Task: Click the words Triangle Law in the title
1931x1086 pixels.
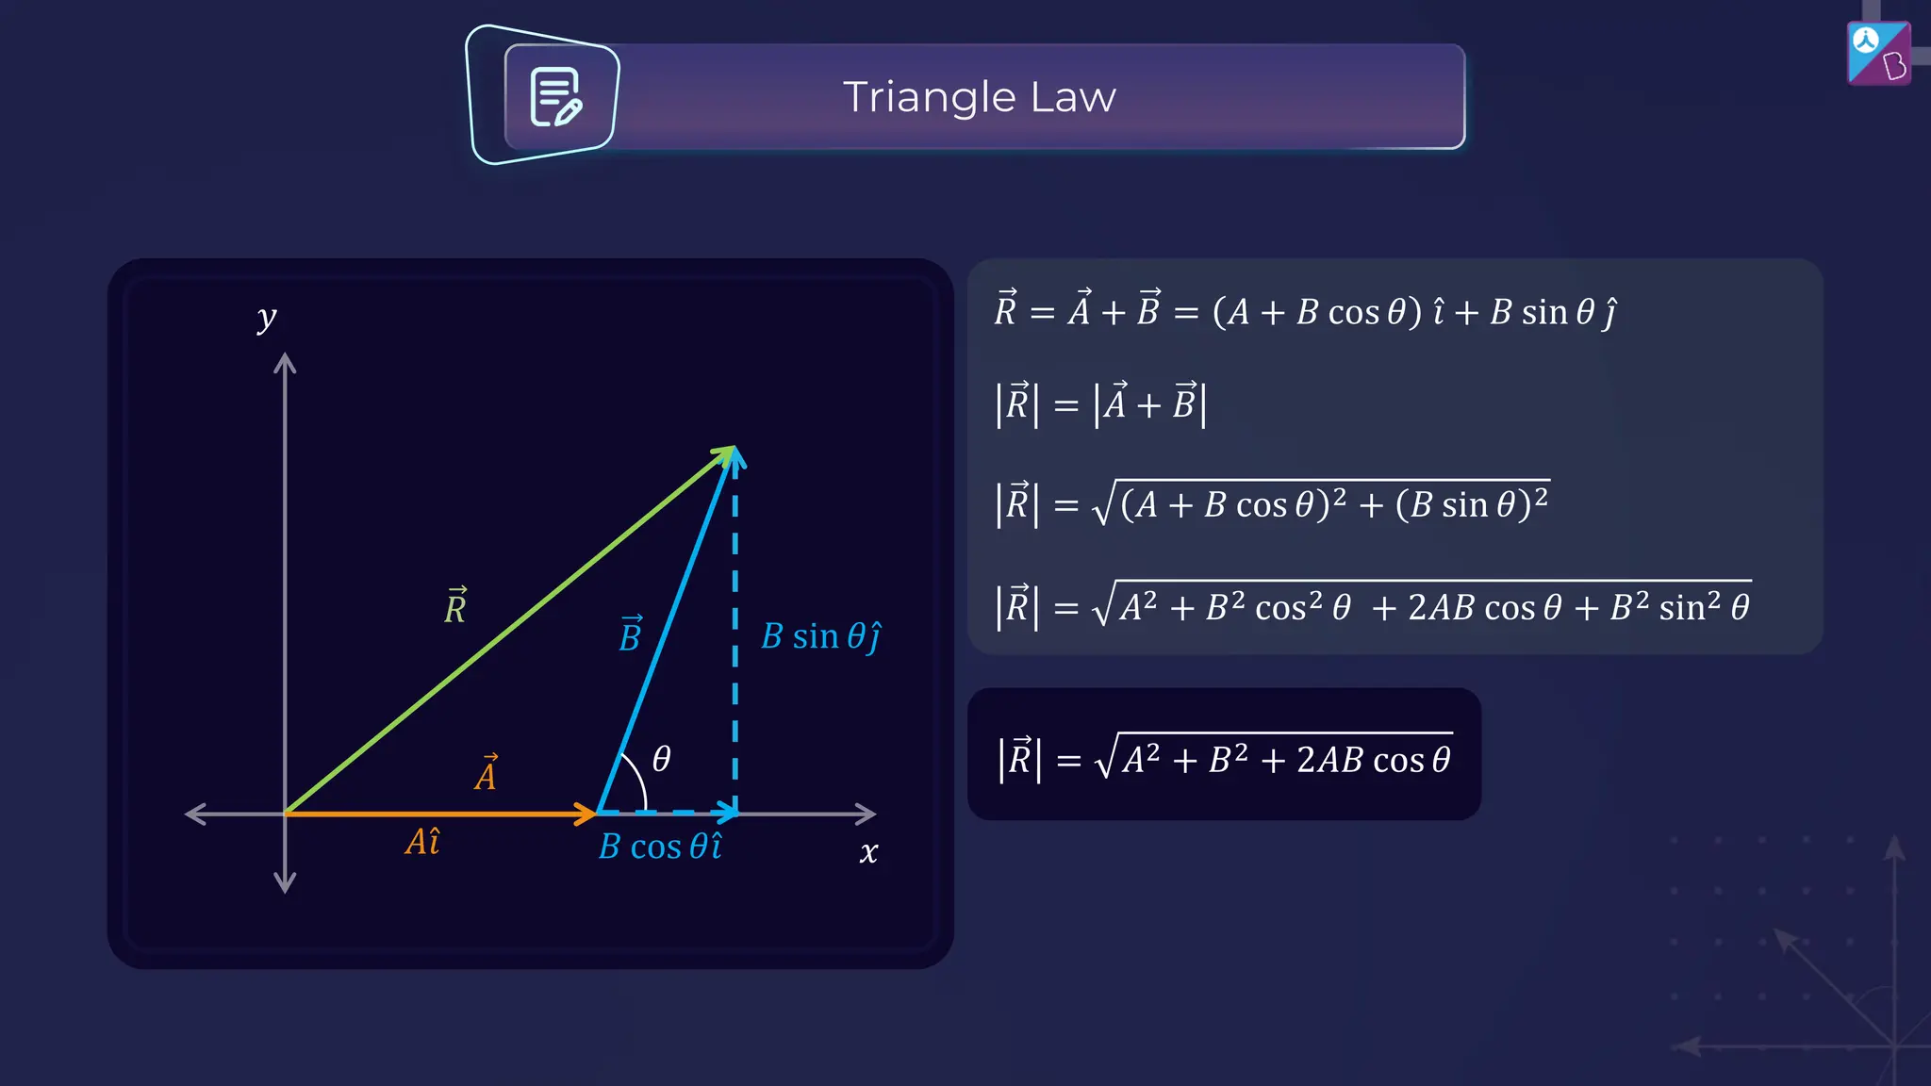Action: coord(979,97)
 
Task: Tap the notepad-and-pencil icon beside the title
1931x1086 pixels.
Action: coord(555,97)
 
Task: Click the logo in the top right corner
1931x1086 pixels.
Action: coord(1878,54)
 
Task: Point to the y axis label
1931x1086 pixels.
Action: coord(267,318)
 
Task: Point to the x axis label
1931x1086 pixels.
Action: coord(868,853)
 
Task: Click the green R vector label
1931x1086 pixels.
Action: coord(455,606)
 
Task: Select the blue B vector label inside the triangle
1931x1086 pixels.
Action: coord(630,635)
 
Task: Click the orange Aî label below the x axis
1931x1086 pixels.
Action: coord(422,842)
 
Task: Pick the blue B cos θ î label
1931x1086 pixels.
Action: coord(660,847)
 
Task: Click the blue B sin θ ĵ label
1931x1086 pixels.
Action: coord(820,637)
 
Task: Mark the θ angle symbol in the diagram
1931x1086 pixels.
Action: coord(662,759)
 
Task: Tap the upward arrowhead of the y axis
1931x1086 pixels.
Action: coord(285,364)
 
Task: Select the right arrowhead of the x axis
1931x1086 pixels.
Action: coord(866,814)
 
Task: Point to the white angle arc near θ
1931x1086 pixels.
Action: coord(637,778)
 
